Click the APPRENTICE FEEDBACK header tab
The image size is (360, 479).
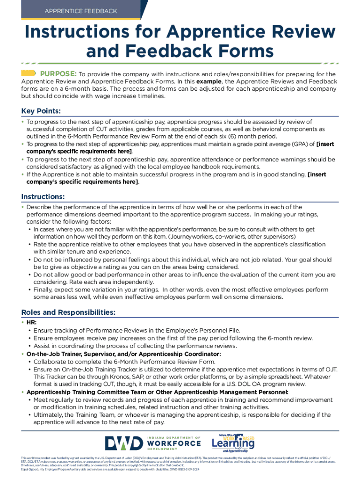tap(81, 10)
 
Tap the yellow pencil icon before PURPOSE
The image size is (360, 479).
tap(29, 73)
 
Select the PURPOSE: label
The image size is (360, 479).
tap(58, 73)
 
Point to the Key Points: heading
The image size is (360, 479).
tap(41, 111)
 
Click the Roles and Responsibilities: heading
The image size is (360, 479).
tap(68, 312)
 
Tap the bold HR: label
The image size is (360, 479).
tap(31, 323)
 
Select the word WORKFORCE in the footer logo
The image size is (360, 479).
tap(173, 443)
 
